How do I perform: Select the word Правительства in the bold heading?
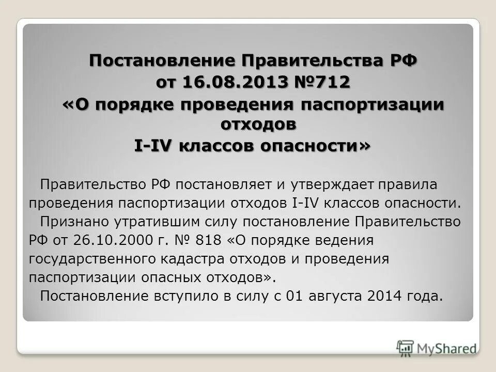(x=306, y=60)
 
